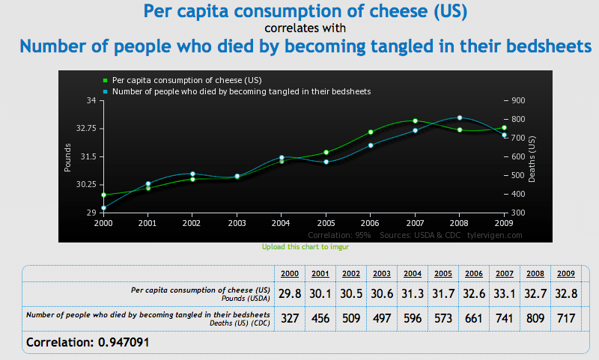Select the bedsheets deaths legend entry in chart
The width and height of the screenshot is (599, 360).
(x=236, y=91)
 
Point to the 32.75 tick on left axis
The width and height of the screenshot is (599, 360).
(x=84, y=129)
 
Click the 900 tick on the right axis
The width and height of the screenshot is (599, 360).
(x=517, y=100)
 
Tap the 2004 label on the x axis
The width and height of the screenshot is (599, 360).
(x=280, y=223)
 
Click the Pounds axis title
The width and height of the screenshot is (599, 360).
(x=67, y=156)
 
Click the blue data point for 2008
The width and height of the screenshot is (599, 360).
(x=460, y=118)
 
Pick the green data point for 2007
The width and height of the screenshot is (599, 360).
(x=415, y=121)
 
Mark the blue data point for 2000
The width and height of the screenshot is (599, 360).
(x=103, y=208)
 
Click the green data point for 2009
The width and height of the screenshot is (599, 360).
(x=504, y=127)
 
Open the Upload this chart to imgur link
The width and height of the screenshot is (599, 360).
(x=305, y=246)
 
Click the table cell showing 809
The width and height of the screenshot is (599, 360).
(x=535, y=318)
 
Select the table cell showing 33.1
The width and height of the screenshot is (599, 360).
(x=505, y=293)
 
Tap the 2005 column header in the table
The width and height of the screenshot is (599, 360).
(x=443, y=273)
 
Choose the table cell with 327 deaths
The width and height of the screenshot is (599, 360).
(x=289, y=318)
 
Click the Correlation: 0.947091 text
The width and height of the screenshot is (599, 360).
(x=93, y=343)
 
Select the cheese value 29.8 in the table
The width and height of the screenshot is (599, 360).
(x=290, y=293)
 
